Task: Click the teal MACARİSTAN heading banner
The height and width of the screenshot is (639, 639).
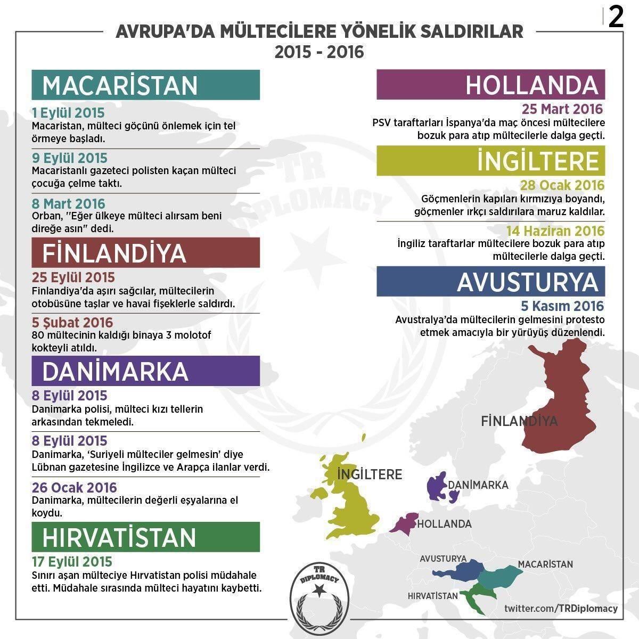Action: [145, 85]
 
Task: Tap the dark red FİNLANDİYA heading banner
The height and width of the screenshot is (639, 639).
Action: [145, 253]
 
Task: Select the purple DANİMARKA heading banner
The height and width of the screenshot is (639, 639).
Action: [145, 371]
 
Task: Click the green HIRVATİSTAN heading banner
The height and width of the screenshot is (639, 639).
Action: [145, 537]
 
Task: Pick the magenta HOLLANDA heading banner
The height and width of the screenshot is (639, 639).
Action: [490, 85]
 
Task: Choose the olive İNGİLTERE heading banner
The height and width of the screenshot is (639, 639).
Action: [490, 161]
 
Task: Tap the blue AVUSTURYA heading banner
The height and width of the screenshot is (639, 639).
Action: [490, 282]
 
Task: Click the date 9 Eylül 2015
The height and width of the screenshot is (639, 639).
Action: [70, 158]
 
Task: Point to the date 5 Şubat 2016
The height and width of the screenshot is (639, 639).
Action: [72, 323]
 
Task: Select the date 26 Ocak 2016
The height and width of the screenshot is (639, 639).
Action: [75, 487]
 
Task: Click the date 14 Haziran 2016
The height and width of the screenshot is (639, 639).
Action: [555, 231]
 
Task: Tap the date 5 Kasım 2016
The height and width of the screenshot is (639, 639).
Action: [562, 306]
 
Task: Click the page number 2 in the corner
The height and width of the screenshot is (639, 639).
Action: [616, 18]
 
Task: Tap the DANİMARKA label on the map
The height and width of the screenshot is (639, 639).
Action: [478, 485]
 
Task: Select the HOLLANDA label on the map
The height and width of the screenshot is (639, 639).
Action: [444, 524]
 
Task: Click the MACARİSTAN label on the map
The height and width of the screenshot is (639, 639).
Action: [545, 564]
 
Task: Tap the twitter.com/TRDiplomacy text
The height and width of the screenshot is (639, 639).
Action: [561, 608]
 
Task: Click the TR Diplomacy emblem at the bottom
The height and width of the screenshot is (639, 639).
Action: [319, 595]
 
